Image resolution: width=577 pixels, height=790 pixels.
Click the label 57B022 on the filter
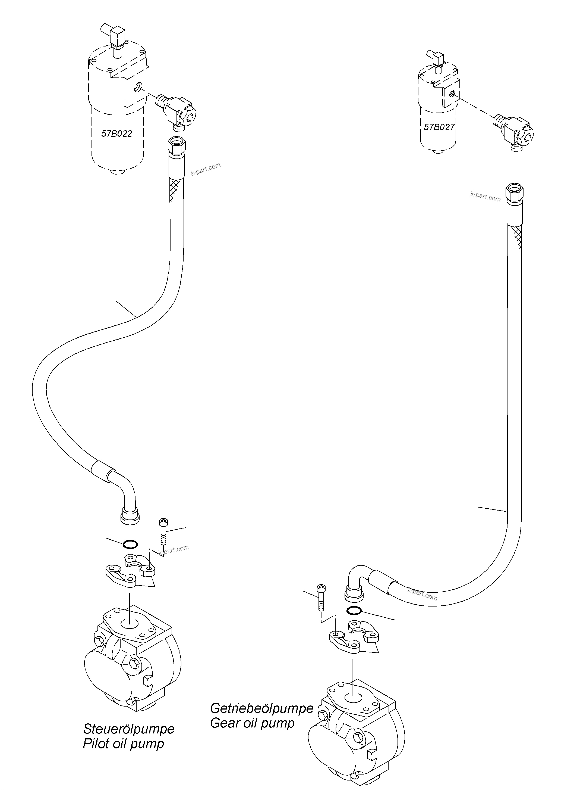tap(117, 133)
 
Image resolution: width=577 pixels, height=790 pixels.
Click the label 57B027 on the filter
tap(439, 127)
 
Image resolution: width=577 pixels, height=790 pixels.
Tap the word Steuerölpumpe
tap(128, 729)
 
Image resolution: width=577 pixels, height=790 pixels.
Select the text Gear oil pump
tap(252, 723)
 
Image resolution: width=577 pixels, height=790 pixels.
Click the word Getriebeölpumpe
tap(261, 708)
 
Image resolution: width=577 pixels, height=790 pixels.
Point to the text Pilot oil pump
tap(123, 744)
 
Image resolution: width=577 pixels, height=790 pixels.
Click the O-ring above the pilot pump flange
tap(130, 545)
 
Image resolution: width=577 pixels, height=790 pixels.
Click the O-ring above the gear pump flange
tap(354, 610)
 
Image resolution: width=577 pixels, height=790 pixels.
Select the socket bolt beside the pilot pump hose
tap(163, 531)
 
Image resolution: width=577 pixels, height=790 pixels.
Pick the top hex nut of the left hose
tap(177, 144)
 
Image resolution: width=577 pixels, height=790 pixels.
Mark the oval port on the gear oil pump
tap(353, 696)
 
